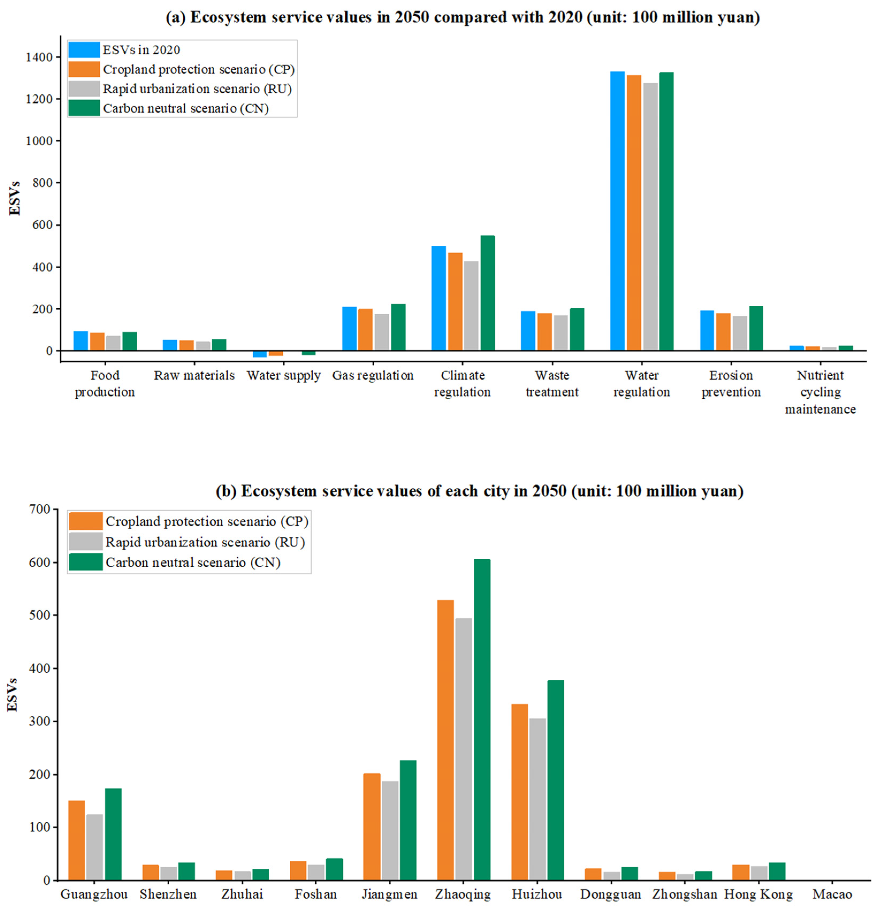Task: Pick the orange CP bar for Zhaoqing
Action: coord(445,740)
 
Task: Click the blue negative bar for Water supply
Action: coord(260,354)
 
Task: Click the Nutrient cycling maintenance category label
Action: coord(820,392)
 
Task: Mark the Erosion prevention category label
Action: coord(731,383)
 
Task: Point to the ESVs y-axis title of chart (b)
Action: coord(13,694)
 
